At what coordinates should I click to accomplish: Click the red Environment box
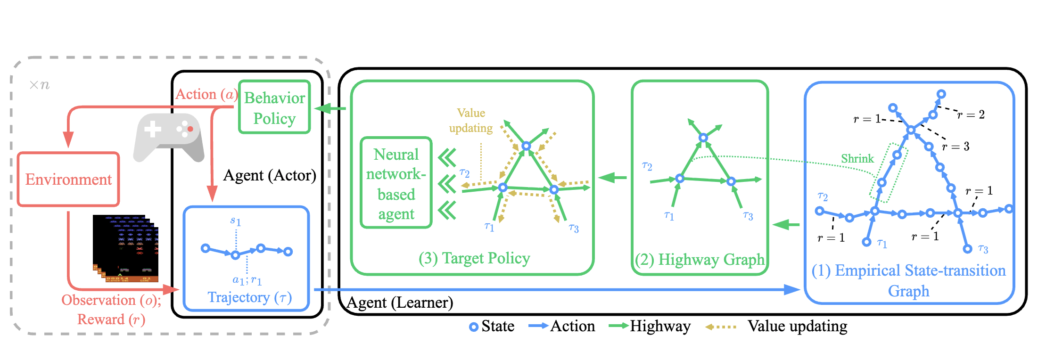pyautogui.click(x=68, y=179)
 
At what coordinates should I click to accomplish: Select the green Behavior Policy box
pyautogui.click(x=274, y=107)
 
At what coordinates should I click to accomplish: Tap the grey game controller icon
pyautogui.click(x=169, y=137)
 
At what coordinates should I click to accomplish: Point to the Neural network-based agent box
pyautogui.click(x=396, y=183)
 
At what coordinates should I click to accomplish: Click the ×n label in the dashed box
pyautogui.click(x=39, y=85)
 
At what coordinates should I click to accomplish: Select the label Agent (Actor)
pyautogui.click(x=270, y=175)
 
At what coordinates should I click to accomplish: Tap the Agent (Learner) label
pyautogui.click(x=400, y=303)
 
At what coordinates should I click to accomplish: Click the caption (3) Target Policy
pyautogui.click(x=474, y=258)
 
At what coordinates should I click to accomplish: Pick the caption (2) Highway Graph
pyautogui.click(x=700, y=260)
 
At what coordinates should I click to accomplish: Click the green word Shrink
pyautogui.click(x=857, y=159)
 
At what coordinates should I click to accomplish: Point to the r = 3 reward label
pyautogui.click(x=956, y=147)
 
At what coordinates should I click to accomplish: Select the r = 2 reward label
pyautogui.click(x=971, y=115)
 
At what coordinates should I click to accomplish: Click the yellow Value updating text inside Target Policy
pyautogui.click(x=471, y=121)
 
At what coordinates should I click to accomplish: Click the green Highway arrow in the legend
pyautogui.click(x=618, y=326)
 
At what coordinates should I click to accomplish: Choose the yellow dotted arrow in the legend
pyautogui.click(x=721, y=327)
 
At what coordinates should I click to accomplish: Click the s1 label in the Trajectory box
pyautogui.click(x=236, y=221)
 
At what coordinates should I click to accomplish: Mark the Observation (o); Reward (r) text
pyautogui.click(x=111, y=310)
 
